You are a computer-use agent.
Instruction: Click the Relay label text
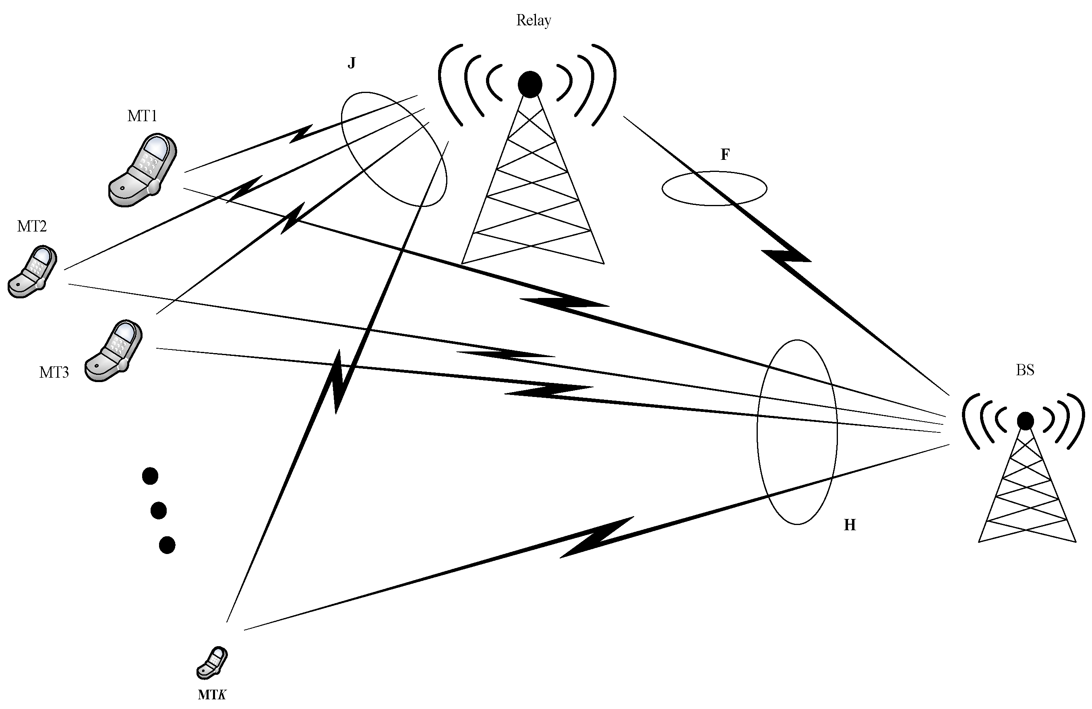(533, 21)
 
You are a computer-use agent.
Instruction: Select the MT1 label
(142, 116)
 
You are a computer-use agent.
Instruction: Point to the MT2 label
(32, 226)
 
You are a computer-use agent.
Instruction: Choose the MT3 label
(54, 372)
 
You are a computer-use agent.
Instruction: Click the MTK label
(212, 695)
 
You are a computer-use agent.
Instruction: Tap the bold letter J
(352, 63)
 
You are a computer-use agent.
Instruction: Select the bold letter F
(725, 155)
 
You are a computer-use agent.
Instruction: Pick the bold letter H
(850, 525)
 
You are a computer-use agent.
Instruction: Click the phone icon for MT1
(143, 170)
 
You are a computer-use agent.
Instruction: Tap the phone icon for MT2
(33, 272)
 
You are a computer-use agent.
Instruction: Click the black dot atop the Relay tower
(530, 85)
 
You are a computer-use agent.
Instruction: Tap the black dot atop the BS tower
(1026, 421)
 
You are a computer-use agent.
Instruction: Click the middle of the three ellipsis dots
(158, 510)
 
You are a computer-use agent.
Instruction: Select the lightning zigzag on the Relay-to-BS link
(786, 257)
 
